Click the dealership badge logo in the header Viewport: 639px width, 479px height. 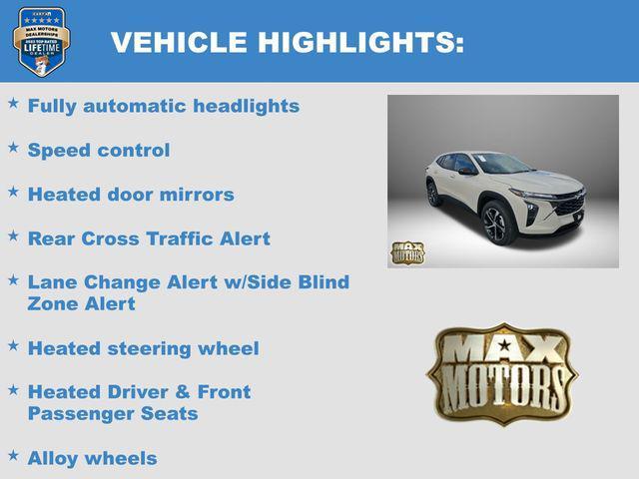(41, 42)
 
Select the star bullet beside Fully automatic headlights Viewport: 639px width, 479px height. (13, 103)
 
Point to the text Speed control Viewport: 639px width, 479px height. (99, 150)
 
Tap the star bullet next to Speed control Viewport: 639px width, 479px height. (13, 147)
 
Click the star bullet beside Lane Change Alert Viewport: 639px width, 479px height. (13, 278)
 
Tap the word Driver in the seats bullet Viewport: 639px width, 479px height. (135, 391)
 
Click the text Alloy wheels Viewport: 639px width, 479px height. (92, 458)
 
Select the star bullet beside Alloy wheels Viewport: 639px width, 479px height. (13, 455)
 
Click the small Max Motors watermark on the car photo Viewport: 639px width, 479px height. (406, 252)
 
